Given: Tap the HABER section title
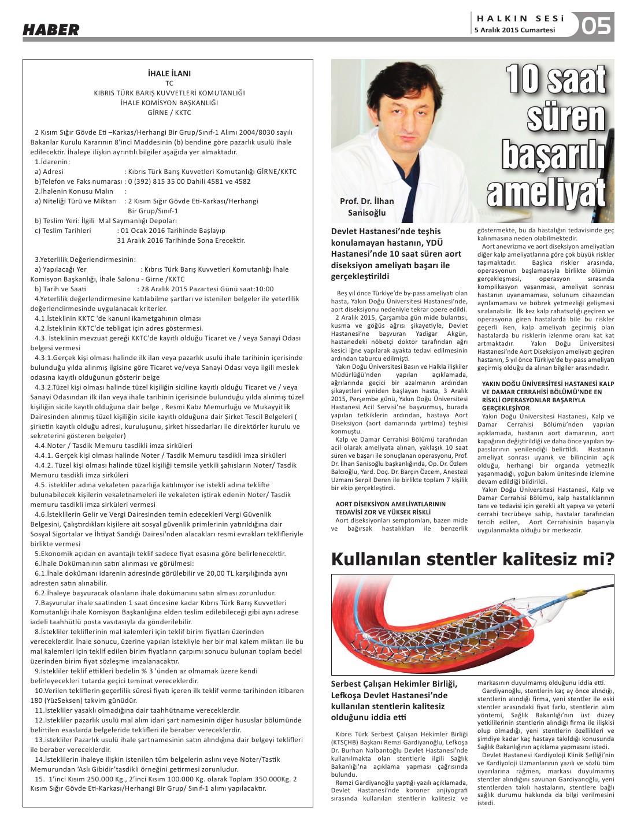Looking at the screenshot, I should (x=51, y=30).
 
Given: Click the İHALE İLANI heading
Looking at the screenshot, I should (x=169, y=73).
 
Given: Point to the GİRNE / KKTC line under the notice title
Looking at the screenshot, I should (x=169, y=113).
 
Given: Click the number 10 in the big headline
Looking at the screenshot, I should (x=524, y=80).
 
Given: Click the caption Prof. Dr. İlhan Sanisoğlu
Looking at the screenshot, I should (x=366, y=207).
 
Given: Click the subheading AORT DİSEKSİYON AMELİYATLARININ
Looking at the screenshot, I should (x=390, y=504).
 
